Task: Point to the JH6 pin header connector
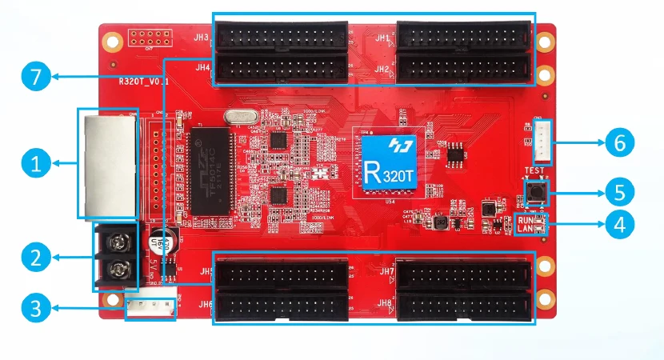tap(282, 305)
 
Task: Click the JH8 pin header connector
tap(463, 305)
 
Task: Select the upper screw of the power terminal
tap(118, 238)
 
